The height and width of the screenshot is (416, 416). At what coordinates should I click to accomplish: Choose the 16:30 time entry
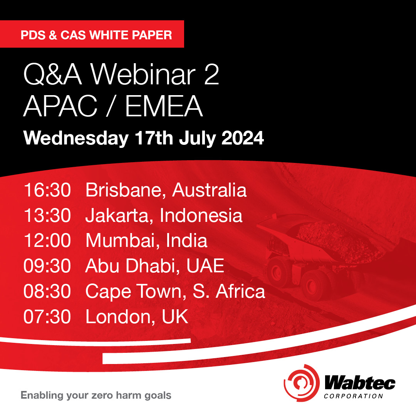[x=47, y=191]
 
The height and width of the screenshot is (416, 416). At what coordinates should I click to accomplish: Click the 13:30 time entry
[x=47, y=216]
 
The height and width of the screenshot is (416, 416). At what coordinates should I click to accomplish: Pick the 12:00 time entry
[x=47, y=241]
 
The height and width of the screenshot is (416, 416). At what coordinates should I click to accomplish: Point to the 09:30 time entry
[x=47, y=266]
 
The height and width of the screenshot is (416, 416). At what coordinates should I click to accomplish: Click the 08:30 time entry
[x=47, y=292]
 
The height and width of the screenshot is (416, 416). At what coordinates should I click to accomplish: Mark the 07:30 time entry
[x=47, y=317]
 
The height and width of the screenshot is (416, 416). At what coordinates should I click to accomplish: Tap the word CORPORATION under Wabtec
[x=354, y=396]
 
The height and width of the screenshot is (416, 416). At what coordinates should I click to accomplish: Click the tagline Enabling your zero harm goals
[x=96, y=396]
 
